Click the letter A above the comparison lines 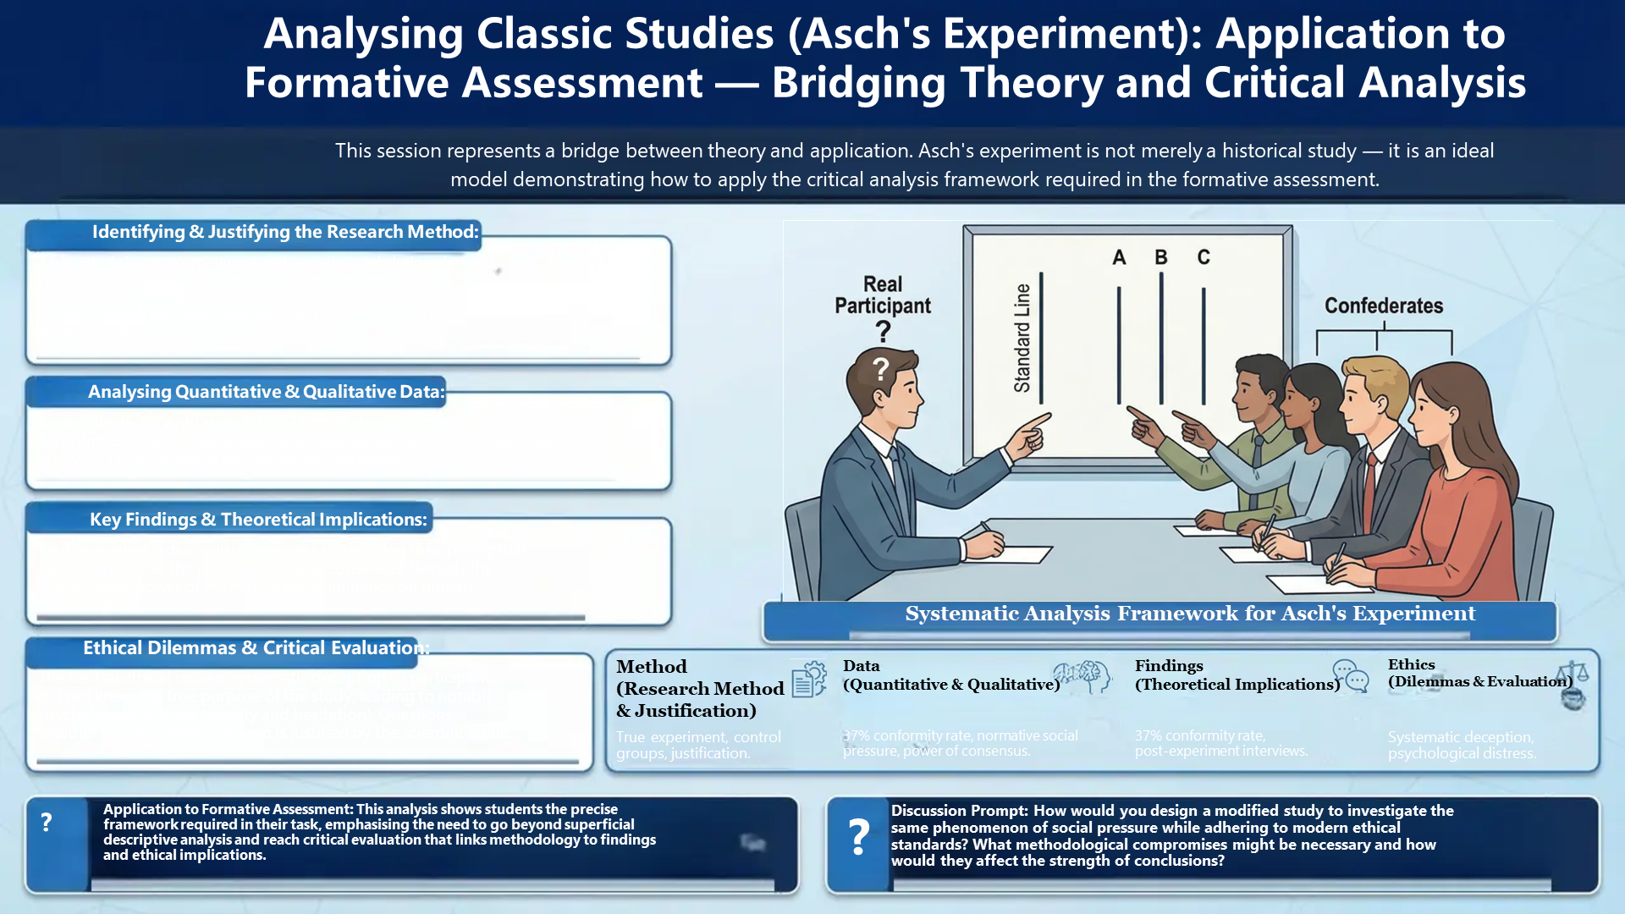pos(1119,257)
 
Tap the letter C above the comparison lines pos(1204,257)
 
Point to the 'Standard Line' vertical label pos(1022,339)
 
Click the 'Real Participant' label pos(883,295)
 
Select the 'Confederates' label pos(1384,306)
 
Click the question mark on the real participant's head pos(881,369)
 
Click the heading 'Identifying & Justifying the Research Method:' pos(285,232)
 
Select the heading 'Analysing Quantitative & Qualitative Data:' pos(267,392)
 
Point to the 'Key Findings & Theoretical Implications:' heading pos(258,520)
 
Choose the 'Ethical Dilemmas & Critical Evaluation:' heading pos(256,648)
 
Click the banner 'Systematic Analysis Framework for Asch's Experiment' pos(1190,614)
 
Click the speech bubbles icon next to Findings pos(1351,676)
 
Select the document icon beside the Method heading pos(809,680)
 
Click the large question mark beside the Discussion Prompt pos(859,836)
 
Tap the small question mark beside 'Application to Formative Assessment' pos(47,822)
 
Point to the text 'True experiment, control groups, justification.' pos(698,745)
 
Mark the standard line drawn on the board pos(1041,339)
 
